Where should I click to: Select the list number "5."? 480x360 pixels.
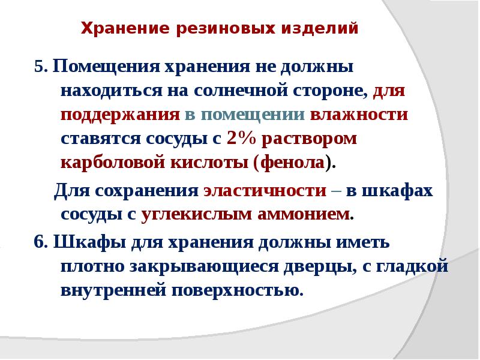41,67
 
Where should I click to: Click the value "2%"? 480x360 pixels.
242,139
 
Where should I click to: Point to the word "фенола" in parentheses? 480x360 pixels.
292,163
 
